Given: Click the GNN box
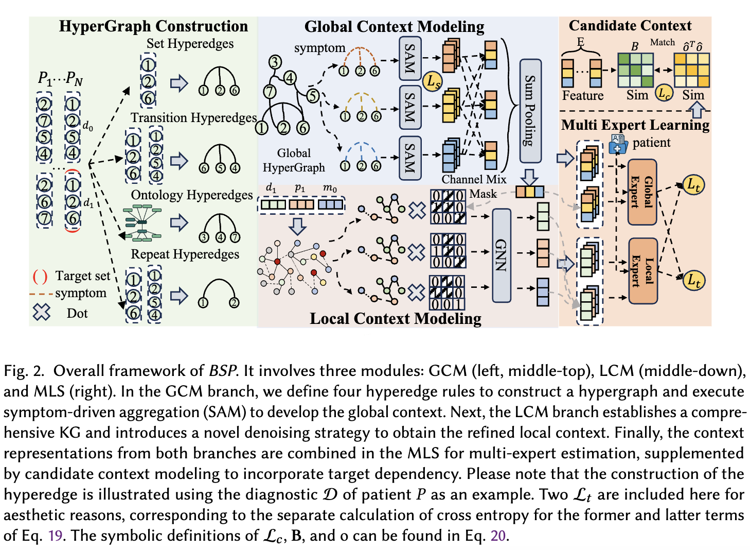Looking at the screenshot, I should [x=502, y=255].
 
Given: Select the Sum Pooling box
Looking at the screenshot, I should [x=530, y=111].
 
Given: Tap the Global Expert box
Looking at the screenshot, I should [x=642, y=192].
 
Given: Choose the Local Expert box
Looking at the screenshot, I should [x=643, y=271].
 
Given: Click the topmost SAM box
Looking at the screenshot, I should [x=410, y=59].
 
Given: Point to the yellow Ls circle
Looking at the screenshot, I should [x=433, y=81].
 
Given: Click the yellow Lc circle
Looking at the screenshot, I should [x=664, y=93].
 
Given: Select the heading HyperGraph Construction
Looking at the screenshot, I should [x=153, y=26].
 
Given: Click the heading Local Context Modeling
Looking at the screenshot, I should [x=395, y=319].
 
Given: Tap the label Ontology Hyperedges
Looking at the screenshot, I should [x=191, y=195].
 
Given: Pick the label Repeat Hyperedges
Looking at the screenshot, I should [x=185, y=254].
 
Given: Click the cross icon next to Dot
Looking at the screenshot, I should [x=41, y=312].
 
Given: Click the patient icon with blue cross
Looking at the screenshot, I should [x=617, y=144].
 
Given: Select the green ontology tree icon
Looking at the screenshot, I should [x=142, y=223].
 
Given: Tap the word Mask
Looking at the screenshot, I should [x=483, y=194].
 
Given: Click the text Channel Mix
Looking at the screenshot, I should [x=474, y=179].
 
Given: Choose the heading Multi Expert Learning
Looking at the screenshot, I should [x=635, y=125].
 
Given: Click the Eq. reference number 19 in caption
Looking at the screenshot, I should [x=55, y=536].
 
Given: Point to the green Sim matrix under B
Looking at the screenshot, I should [x=635, y=70].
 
